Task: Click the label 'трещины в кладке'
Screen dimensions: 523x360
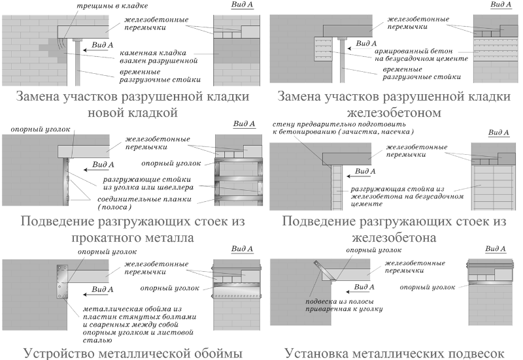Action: point(112,6)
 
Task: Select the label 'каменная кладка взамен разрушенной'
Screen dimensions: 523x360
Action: point(159,57)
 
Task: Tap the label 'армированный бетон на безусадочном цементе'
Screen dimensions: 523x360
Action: point(421,55)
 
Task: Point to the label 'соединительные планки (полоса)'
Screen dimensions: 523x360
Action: point(144,203)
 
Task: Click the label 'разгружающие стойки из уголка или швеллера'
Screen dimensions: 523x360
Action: point(148,184)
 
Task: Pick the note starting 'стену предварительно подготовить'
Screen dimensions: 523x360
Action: point(343,128)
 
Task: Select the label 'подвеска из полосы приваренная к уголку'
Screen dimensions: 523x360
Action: point(344,305)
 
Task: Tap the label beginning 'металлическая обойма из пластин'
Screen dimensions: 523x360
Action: point(139,324)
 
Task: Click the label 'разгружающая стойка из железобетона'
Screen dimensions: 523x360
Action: point(407,196)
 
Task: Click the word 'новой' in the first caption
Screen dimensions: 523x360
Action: point(106,112)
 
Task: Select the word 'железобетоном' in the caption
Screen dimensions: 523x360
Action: point(394,112)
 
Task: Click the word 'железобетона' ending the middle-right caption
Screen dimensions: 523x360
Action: point(394,238)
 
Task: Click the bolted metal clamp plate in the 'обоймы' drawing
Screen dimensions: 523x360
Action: point(62,282)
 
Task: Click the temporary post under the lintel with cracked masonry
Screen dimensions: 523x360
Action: point(78,62)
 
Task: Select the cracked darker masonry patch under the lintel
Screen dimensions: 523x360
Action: point(54,50)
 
